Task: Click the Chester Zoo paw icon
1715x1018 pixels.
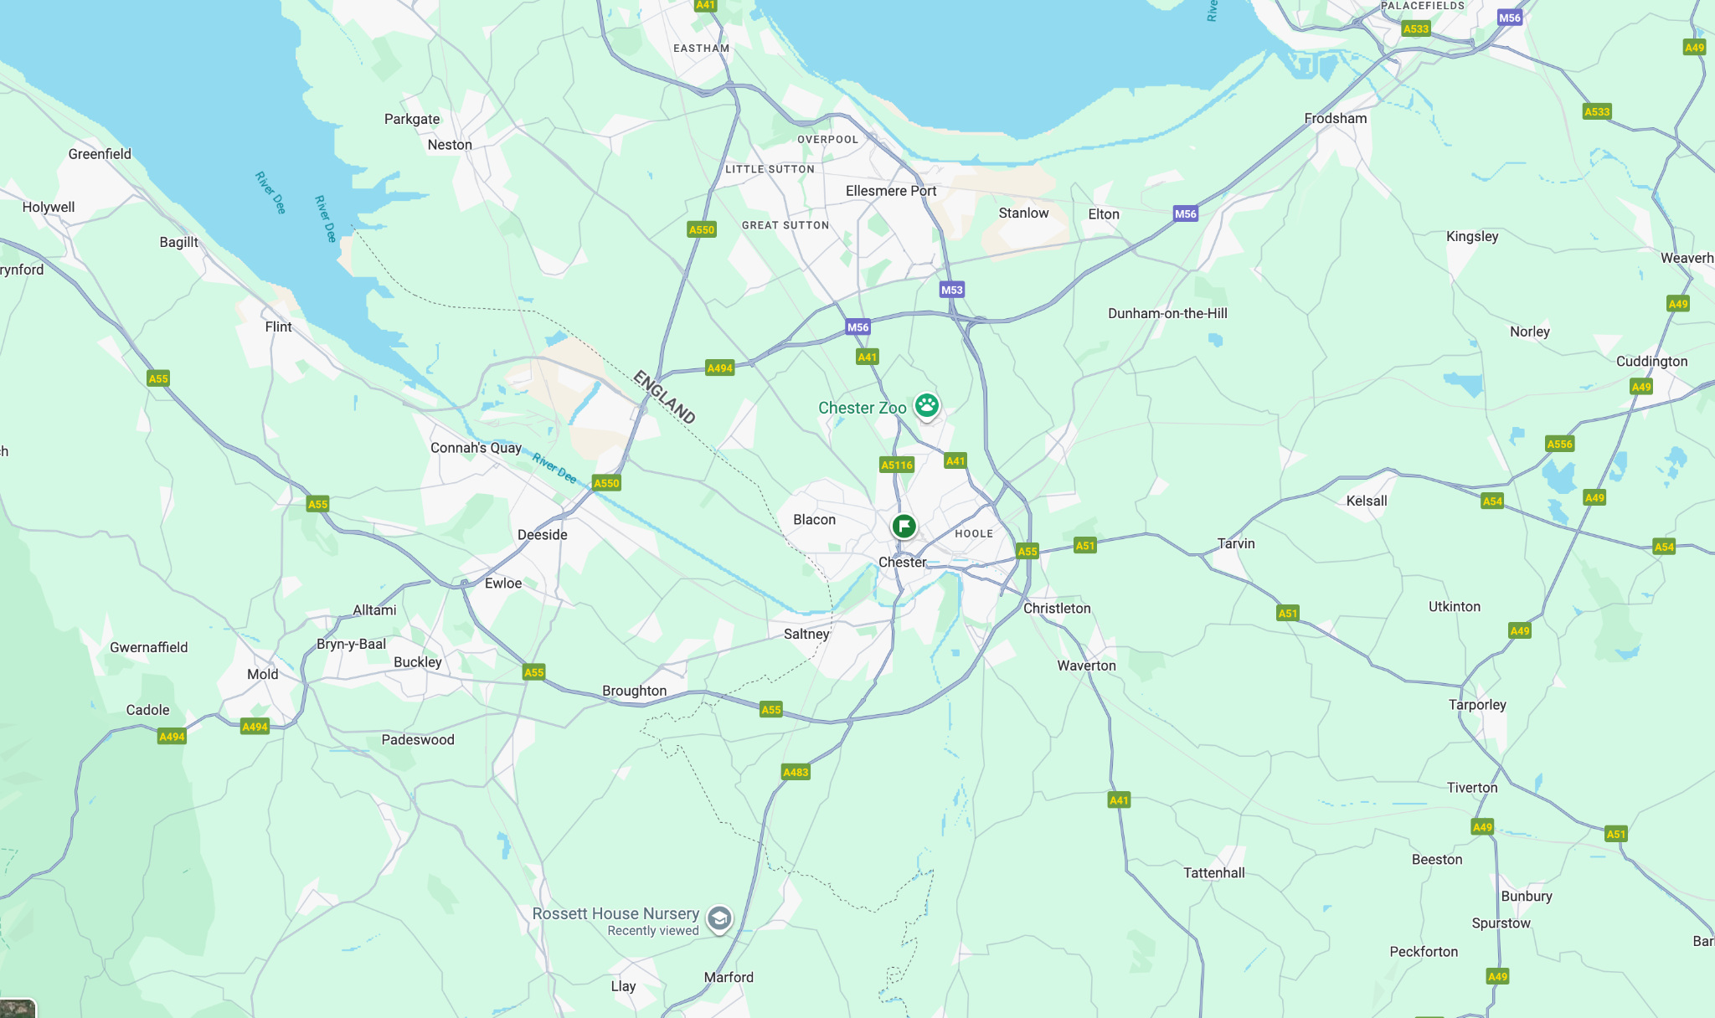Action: click(926, 406)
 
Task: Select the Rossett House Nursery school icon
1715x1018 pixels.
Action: click(718, 918)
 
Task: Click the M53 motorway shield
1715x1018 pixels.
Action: click(951, 290)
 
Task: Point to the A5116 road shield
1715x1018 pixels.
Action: click(896, 465)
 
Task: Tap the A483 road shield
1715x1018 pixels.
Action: click(796, 772)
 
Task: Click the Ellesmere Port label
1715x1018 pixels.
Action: click(891, 191)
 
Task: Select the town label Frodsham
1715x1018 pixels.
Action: click(1335, 118)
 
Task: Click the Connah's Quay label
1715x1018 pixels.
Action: click(476, 448)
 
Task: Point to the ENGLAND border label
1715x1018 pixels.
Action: click(664, 397)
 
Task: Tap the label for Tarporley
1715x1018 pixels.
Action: click(1477, 704)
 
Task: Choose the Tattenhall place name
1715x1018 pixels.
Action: click(1213, 872)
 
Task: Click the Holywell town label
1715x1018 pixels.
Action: click(49, 207)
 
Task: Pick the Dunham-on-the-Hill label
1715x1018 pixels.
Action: click(1167, 313)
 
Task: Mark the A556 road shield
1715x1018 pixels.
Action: click(1559, 444)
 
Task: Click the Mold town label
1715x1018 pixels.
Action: click(262, 674)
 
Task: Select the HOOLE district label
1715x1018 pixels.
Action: click(974, 533)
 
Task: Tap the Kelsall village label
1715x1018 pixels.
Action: click(1367, 501)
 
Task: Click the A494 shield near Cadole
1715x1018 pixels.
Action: click(172, 737)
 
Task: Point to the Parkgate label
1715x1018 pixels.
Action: click(412, 119)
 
